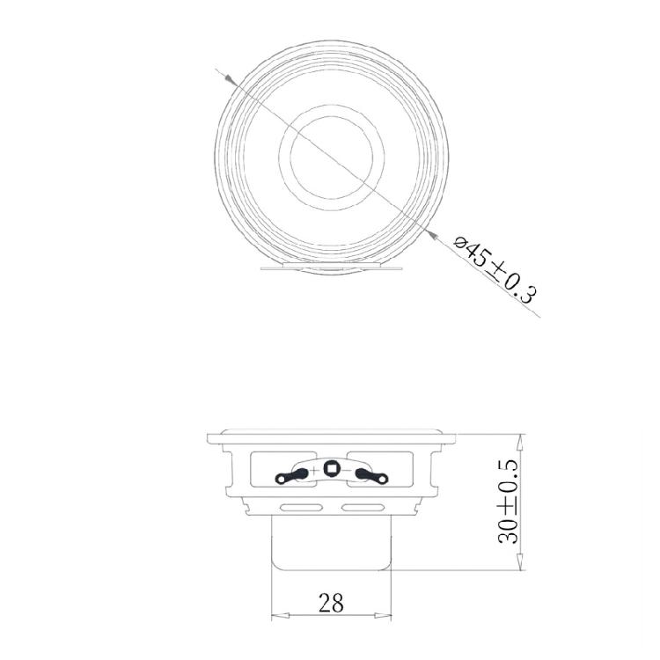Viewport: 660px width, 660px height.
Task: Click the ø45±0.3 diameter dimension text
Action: coord(494,269)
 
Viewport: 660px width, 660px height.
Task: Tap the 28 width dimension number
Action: coord(331,603)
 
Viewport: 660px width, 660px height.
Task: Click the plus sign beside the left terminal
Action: coord(315,469)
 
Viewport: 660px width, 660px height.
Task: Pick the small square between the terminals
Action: coord(331,468)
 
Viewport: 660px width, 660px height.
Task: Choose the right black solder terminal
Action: coord(371,476)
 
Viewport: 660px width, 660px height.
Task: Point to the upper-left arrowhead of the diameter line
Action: coord(231,80)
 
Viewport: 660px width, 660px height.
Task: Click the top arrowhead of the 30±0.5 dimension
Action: coord(522,438)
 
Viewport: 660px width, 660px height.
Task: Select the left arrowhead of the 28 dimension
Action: coord(277,614)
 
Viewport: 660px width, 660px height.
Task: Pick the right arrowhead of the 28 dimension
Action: coord(385,614)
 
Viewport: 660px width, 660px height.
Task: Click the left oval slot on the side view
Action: coord(302,507)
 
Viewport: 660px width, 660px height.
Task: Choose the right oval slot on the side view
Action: coord(360,507)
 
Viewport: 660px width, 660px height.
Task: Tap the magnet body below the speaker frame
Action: coord(331,541)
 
